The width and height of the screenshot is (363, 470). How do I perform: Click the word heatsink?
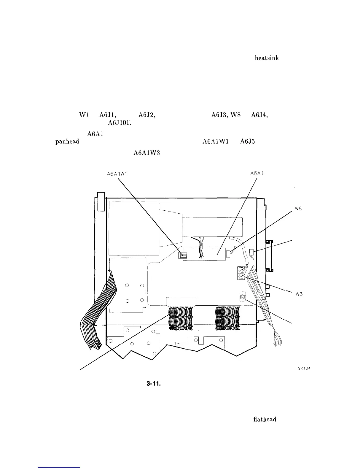click(x=267, y=58)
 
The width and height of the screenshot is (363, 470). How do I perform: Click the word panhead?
click(x=67, y=142)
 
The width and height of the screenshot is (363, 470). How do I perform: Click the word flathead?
click(x=265, y=419)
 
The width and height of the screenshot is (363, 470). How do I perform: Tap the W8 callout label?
click(x=298, y=209)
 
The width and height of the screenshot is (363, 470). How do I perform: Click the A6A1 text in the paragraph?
click(x=95, y=134)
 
